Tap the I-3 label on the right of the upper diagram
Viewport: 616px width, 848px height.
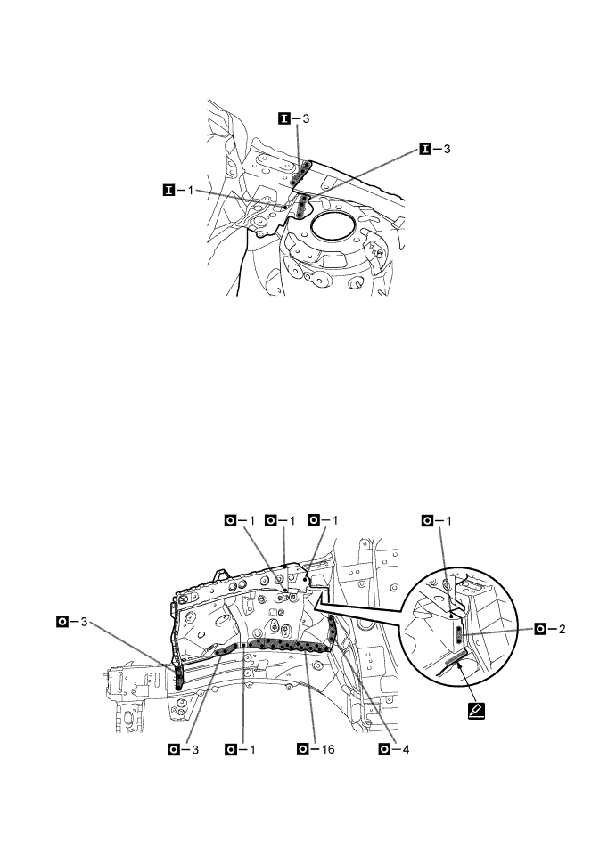click(436, 149)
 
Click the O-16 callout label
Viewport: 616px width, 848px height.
click(319, 749)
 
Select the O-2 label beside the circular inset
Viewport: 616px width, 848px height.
click(553, 629)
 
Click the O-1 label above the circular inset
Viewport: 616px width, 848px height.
click(439, 519)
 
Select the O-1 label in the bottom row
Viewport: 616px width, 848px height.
click(242, 749)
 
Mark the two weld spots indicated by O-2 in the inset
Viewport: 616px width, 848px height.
click(459, 634)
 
